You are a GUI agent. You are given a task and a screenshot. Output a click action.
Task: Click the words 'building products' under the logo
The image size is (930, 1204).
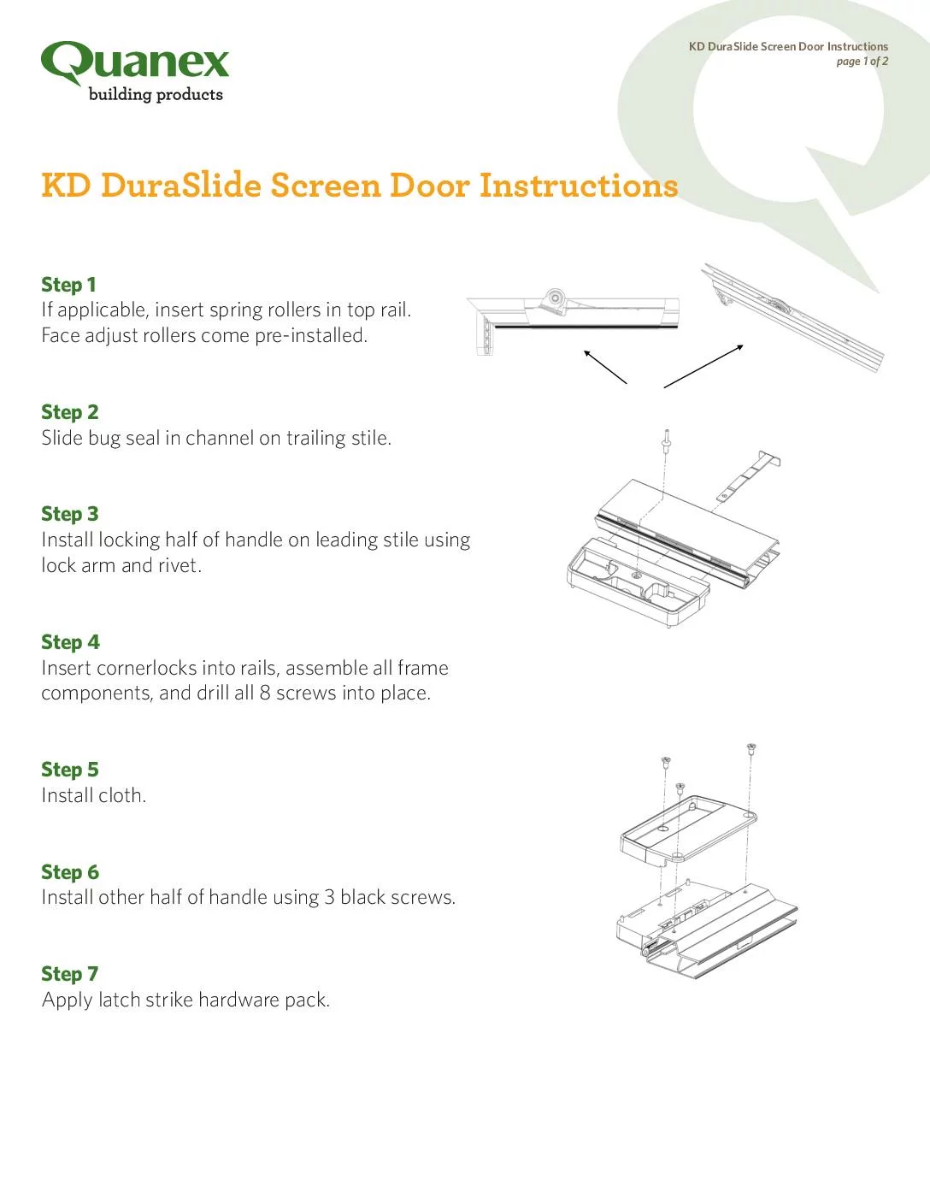click(156, 95)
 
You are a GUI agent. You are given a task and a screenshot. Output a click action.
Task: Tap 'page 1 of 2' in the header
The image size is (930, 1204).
click(862, 62)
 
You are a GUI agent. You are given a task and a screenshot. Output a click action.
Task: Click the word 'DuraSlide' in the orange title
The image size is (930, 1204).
click(181, 185)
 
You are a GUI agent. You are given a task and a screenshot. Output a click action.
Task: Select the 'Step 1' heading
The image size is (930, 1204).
click(68, 285)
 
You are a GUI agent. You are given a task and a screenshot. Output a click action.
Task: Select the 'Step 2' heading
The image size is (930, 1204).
click(70, 412)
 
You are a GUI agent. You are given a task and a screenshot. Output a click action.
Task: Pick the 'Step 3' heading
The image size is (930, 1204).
click(70, 514)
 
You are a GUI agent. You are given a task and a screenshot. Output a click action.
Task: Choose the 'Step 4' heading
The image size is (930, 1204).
click(70, 642)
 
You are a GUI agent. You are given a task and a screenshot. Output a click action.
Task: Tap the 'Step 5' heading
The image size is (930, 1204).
click(70, 770)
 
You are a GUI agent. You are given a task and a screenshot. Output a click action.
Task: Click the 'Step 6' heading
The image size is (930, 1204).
click(70, 872)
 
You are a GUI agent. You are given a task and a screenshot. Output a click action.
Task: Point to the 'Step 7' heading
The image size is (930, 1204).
click(70, 974)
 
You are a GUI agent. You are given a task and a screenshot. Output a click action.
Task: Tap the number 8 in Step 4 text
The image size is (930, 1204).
click(265, 693)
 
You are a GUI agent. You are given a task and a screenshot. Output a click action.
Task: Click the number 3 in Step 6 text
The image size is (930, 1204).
click(329, 898)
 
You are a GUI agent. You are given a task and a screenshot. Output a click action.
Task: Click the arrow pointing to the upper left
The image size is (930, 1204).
click(605, 366)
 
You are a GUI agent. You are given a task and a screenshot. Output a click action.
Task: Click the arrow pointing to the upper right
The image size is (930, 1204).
click(703, 366)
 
